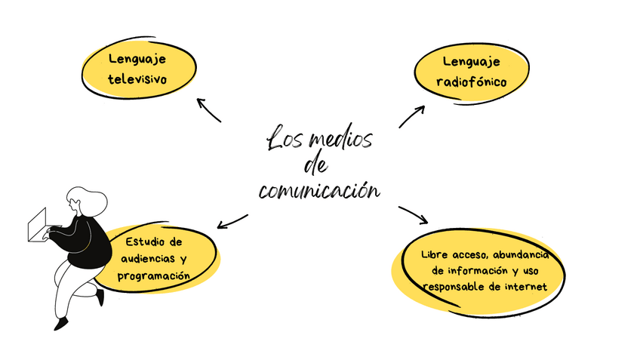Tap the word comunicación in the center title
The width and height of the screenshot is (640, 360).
pos(318,190)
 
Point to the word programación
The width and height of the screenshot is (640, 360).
pos(153,276)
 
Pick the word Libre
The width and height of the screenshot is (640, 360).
pos(435,254)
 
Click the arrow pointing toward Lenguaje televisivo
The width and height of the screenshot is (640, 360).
pos(208,109)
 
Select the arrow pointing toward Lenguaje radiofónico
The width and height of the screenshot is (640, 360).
pos(412,115)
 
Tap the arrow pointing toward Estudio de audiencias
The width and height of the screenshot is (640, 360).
pos(232,220)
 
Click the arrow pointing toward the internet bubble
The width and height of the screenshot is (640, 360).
pos(414,215)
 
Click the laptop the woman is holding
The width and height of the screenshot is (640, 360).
pos(37,224)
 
